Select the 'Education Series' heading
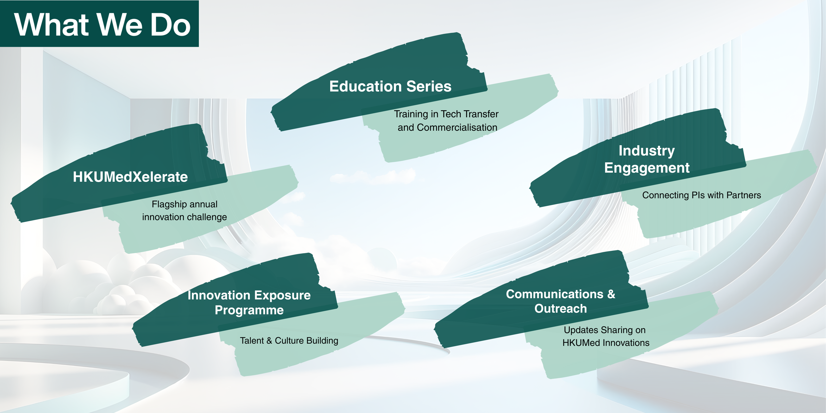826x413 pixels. click(x=390, y=86)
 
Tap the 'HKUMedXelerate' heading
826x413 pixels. click(x=130, y=177)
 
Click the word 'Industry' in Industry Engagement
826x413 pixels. click(x=646, y=151)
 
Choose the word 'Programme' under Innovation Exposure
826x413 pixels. click(x=249, y=310)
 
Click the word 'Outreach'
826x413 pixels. click(x=560, y=309)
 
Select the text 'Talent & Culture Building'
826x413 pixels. click(x=289, y=341)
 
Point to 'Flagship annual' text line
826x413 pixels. click(x=184, y=204)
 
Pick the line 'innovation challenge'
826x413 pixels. click(x=184, y=217)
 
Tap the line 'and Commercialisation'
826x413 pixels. click(x=447, y=127)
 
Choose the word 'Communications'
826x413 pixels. click(x=555, y=294)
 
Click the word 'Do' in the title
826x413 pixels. click(x=171, y=25)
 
